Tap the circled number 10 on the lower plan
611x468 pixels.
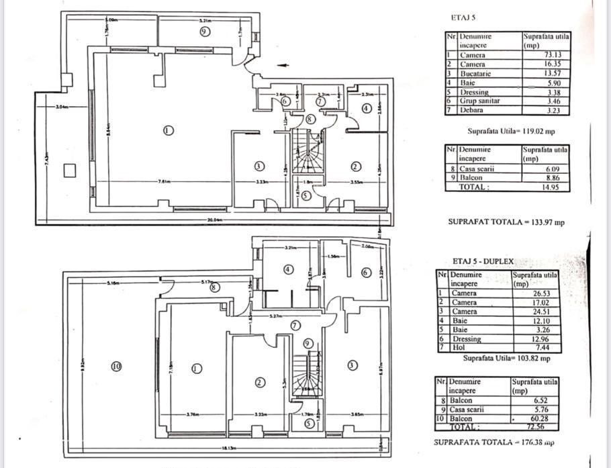(116, 366)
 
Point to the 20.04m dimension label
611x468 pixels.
(214, 219)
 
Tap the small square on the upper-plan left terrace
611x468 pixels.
(69, 170)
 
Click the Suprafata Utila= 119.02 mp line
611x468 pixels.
(511, 131)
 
